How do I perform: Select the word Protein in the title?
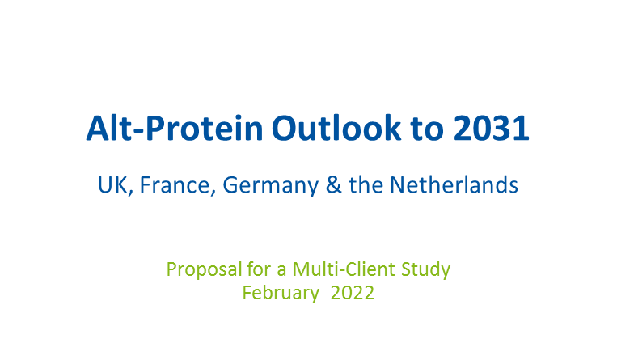pyautogui.click(x=205, y=128)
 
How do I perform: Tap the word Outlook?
pyautogui.click(x=336, y=128)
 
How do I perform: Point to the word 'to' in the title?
pyautogui.click(x=427, y=129)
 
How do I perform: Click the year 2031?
pyautogui.click(x=491, y=128)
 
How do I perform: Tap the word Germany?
pyautogui.click(x=270, y=186)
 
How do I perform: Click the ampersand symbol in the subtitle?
pyautogui.click(x=334, y=184)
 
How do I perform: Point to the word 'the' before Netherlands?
pyautogui.click(x=366, y=184)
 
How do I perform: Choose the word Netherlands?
pyautogui.click(x=454, y=184)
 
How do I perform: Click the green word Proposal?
pyautogui.click(x=204, y=270)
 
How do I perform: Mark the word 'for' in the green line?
pyautogui.click(x=259, y=269)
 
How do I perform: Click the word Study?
pyautogui.click(x=426, y=270)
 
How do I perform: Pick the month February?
pyautogui.click(x=281, y=294)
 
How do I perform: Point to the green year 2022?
pyautogui.click(x=353, y=293)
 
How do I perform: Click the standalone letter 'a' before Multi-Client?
pyautogui.click(x=281, y=272)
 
